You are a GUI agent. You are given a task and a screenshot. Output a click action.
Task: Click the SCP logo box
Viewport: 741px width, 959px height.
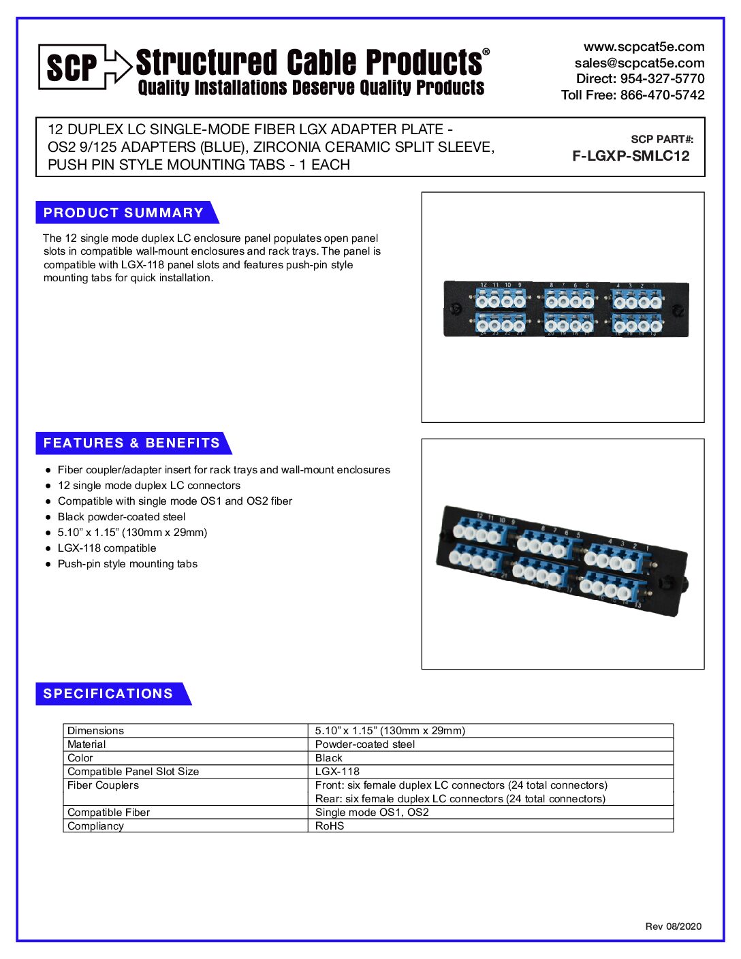pos(72,67)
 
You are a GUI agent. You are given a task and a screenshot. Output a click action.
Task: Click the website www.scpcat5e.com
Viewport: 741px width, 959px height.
pos(644,47)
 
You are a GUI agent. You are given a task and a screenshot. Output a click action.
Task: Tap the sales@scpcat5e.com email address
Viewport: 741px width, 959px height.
pos(639,63)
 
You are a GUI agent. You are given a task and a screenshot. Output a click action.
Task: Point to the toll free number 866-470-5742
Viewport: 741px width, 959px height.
pos(662,95)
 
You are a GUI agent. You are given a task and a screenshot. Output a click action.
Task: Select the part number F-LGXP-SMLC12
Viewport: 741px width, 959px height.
pos(631,156)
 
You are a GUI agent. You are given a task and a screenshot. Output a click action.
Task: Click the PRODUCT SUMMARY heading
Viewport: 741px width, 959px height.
pos(123,213)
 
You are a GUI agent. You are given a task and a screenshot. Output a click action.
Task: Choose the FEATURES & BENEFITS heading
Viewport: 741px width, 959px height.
pos(131,443)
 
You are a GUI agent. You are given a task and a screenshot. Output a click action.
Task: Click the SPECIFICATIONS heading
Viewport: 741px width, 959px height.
pos(108,693)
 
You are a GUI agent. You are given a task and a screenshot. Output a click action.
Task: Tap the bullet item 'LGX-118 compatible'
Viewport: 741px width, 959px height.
pos(107,548)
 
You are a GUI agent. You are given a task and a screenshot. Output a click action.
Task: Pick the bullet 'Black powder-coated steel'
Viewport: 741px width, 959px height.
pos(121,517)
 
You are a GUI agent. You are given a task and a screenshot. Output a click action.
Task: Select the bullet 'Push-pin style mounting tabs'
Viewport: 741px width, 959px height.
pos(127,564)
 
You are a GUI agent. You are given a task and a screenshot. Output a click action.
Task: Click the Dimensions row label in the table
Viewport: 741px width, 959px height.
pos(96,731)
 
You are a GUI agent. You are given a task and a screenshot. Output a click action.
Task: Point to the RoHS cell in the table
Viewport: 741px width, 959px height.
pos(330,826)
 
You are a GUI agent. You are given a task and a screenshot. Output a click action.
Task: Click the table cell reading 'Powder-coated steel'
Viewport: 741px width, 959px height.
pos(365,744)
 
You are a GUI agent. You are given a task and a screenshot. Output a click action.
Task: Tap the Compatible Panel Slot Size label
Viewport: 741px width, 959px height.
pos(133,772)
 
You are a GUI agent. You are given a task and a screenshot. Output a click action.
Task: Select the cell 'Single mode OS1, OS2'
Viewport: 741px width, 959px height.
pos(372,813)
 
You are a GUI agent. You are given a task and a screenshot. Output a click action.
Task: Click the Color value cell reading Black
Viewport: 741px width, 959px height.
pos(329,758)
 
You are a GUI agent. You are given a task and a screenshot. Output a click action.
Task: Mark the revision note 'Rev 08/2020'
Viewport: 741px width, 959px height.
pos(673,926)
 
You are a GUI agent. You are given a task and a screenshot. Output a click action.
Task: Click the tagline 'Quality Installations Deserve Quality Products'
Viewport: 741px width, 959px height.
pos(311,88)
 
